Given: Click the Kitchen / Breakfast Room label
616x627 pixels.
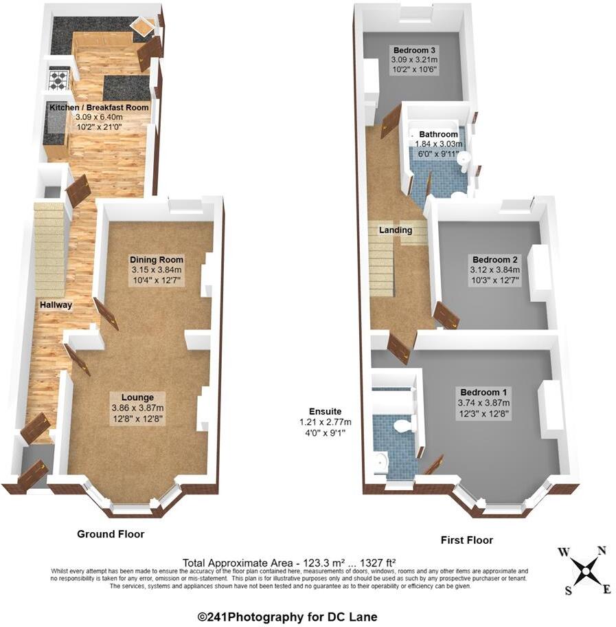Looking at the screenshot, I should pyautogui.click(x=98, y=108).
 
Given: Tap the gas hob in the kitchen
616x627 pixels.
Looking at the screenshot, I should pyautogui.click(x=59, y=78).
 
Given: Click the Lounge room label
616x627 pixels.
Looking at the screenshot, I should pyautogui.click(x=137, y=397).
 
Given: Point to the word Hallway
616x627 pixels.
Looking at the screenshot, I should pyautogui.click(x=56, y=305).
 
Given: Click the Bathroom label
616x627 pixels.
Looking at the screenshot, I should pyautogui.click(x=438, y=134).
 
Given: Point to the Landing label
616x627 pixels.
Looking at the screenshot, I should pyautogui.click(x=396, y=230).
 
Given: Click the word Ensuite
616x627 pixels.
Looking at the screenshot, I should pyautogui.click(x=325, y=411).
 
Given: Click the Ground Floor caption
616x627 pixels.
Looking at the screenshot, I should pyautogui.click(x=111, y=533).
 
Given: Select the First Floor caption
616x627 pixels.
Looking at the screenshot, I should pyautogui.click(x=466, y=540).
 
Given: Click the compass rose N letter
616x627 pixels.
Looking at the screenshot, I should pyautogui.click(x=602, y=549).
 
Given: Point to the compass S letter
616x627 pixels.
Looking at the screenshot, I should pyautogui.click(x=569, y=590).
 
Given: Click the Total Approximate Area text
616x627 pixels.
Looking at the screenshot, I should pyautogui.click(x=288, y=562).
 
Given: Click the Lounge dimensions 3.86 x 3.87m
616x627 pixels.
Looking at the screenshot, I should pyautogui.click(x=137, y=408).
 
